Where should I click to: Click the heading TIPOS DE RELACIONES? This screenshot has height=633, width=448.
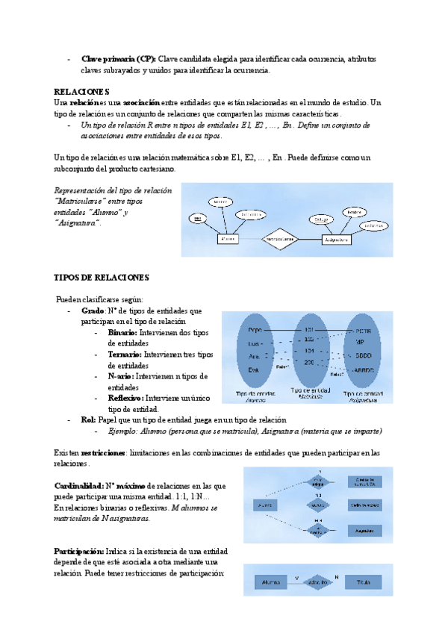(102, 277)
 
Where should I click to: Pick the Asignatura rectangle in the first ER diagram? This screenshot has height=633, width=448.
(337, 240)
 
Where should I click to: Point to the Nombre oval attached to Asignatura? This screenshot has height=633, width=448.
(355, 213)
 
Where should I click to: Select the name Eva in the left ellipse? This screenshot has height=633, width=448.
(253, 369)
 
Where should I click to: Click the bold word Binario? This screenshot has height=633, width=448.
(122, 332)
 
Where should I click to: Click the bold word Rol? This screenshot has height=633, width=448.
(88, 420)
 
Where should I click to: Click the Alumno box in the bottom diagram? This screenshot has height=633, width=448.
(270, 581)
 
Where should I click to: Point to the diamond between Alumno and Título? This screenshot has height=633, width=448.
(317, 581)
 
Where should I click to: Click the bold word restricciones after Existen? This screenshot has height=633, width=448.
(103, 453)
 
